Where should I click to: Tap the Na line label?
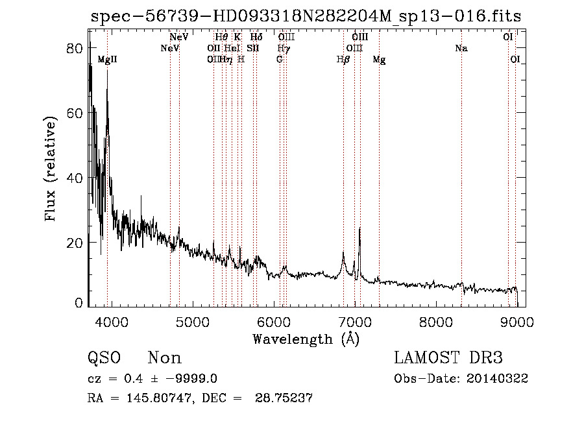[461, 48]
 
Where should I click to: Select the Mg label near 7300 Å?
[379, 60]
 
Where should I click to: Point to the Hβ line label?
[343, 60]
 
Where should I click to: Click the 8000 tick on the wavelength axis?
[435, 321]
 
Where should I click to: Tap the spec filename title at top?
[306, 16]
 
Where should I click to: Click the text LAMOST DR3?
[448, 358]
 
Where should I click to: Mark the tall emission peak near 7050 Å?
[359, 229]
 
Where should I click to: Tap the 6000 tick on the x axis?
[273, 321]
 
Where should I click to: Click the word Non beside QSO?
[164, 358]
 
